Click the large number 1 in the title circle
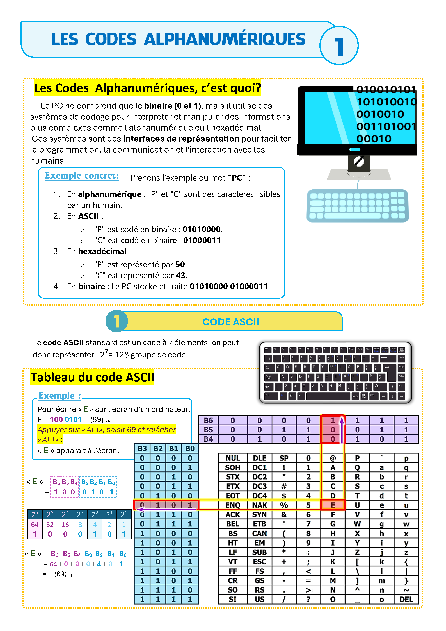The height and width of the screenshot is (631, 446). click(x=339, y=46)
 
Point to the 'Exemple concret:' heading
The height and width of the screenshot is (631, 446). click(x=82, y=176)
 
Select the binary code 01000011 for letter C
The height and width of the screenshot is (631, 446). click(x=202, y=240)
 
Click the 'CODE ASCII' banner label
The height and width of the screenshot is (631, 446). click(x=230, y=322)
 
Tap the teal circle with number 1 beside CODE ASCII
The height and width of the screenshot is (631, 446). click(x=117, y=321)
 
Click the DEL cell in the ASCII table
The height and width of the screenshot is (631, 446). click(x=406, y=599)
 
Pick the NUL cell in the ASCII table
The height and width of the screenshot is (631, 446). click(x=233, y=458)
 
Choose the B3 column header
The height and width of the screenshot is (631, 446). click(x=142, y=448)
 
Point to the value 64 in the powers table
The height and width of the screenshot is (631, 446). click(x=35, y=525)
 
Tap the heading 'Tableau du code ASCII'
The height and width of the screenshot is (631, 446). click(x=92, y=377)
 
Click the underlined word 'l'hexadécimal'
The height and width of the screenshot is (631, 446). click(x=234, y=128)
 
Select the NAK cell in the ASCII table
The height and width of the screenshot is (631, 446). click(x=260, y=505)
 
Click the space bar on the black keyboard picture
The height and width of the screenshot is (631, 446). click(x=328, y=396)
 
